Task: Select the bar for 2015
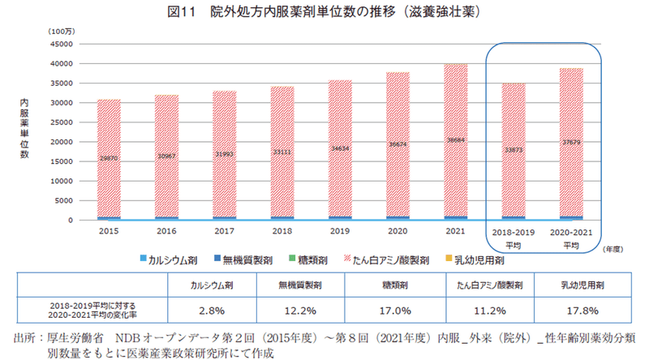(x=109, y=159)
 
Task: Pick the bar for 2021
(x=456, y=142)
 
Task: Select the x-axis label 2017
(x=224, y=231)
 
